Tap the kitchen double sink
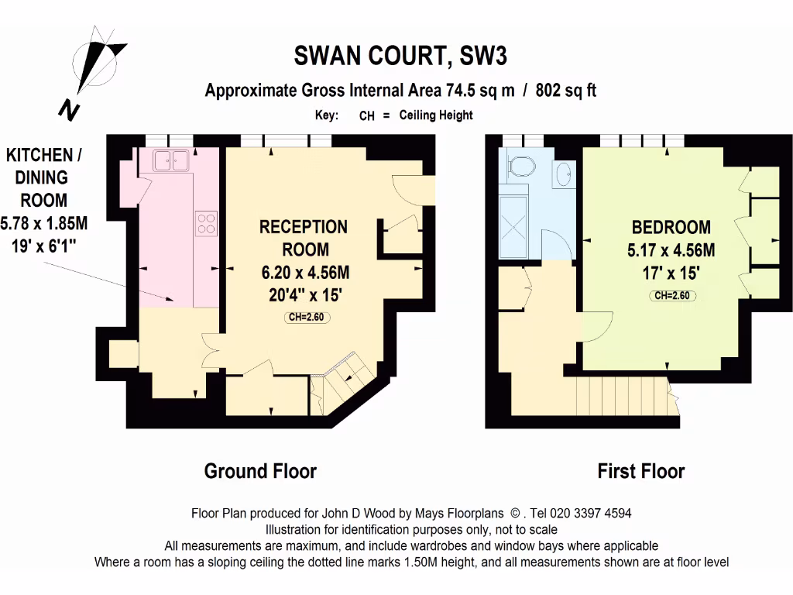tap(173, 160)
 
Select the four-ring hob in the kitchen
tap(207, 223)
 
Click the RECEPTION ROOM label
tap(304, 238)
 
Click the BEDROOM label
tap(671, 227)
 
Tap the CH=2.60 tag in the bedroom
tap(671, 295)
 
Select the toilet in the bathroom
tap(520, 165)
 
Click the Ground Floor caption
tap(260, 470)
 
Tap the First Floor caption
tap(641, 470)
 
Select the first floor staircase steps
tap(623, 396)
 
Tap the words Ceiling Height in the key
tap(436, 115)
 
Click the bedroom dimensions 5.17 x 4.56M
tap(671, 250)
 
